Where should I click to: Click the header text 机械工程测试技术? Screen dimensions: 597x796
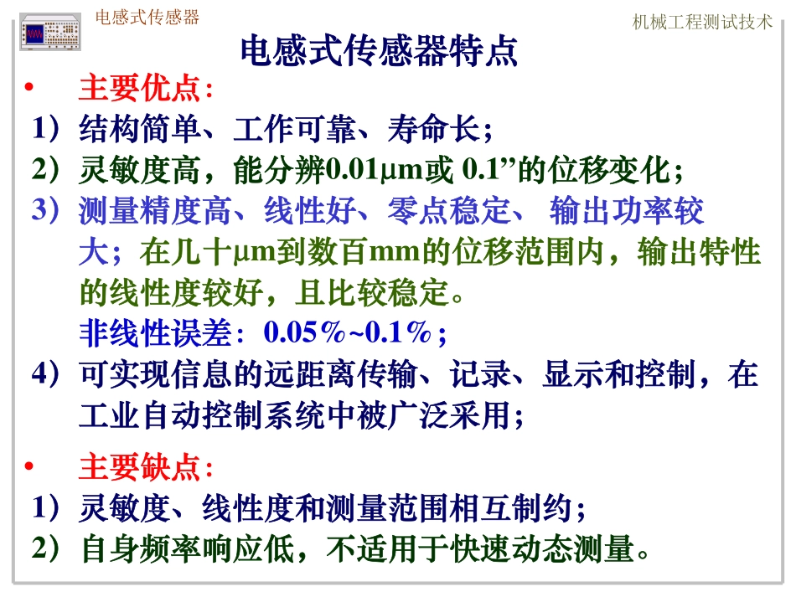(702, 23)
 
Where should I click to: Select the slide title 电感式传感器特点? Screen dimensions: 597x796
(380, 52)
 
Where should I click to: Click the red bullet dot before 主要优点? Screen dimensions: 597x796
(28, 89)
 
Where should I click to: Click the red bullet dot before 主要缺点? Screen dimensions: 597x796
(28, 466)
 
